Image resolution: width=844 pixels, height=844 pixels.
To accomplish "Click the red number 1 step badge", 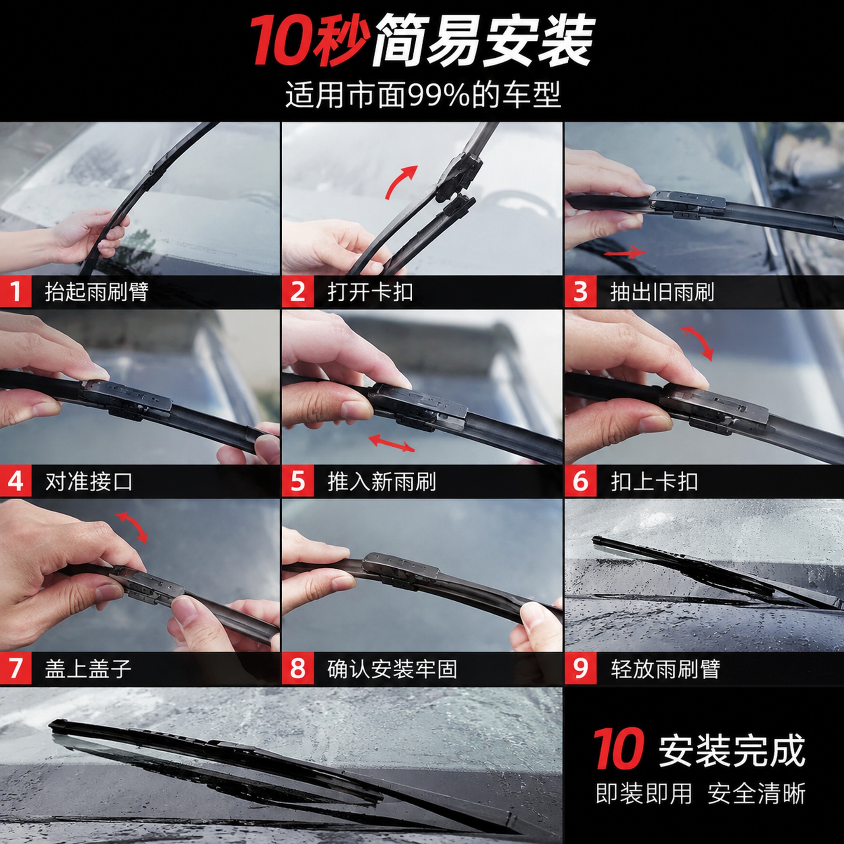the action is pyautogui.click(x=15, y=291).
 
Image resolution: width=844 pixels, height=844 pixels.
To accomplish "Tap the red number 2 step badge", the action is pyautogui.click(x=298, y=291).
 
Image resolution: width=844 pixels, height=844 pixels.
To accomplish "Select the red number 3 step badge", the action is pyautogui.click(x=580, y=291).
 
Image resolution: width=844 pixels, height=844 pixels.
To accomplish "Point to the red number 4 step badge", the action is pyautogui.click(x=15, y=481).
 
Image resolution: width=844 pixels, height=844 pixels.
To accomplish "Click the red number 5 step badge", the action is pyautogui.click(x=298, y=481).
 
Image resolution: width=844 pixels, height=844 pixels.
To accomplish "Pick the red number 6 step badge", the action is pyautogui.click(x=580, y=481).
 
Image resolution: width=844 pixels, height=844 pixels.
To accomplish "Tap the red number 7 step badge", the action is pyautogui.click(x=15, y=668).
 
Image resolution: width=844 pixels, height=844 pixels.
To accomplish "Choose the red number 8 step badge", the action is pyautogui.click(x=298, y=668).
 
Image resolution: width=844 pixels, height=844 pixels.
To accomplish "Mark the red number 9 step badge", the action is pyautogui.click(x=580, y=668).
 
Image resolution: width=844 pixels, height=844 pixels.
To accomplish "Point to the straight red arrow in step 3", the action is pyautogui.click(x=625, y=252).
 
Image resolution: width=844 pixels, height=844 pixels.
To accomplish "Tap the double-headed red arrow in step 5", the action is pyautogui.click(x=392, y=443).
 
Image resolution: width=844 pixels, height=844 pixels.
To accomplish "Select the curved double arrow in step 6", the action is pyautogui.click(x=698, y=343).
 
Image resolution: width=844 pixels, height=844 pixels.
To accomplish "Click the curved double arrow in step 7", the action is pyautogui.click(x=132, y=528).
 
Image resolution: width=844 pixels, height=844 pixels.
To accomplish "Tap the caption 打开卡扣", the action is pyautogui.click(x=370, y=292).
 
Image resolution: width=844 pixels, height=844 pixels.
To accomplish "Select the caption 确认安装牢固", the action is pyautogui.click(x=392, y=669).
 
